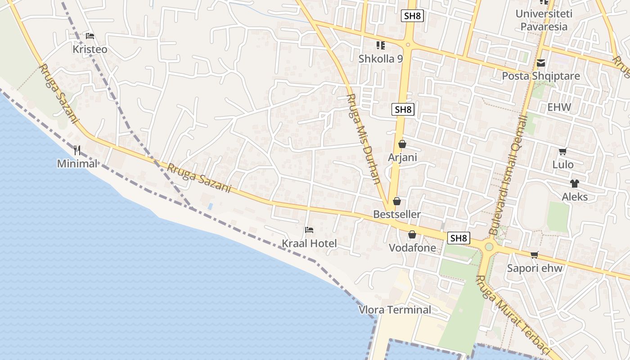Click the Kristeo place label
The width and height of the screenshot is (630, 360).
click(90, 49)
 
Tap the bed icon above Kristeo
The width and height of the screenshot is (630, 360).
click(90, 36)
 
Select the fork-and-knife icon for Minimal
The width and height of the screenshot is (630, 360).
click(77, 150)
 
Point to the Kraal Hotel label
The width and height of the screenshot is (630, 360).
click(309, 243)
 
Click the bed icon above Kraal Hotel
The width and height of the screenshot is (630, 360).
click(309, 230)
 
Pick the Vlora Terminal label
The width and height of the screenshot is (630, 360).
click(395, 310)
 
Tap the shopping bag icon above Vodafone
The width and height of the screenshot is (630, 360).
click(412, 234)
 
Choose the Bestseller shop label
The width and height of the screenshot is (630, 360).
click(397, 214)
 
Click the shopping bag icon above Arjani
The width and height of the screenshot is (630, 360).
click(402, 144)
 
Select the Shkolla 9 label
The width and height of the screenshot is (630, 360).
click(381, 58)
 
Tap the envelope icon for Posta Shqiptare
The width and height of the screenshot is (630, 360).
click(541, 63)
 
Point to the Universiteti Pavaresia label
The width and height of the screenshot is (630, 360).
click(544, 20)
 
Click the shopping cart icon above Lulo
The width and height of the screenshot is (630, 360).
click(562, 152)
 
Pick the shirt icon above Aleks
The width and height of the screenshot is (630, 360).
click(575, 184)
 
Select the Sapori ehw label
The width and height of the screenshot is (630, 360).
click(535, 268)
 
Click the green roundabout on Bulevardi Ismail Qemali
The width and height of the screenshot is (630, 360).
click(489, 247)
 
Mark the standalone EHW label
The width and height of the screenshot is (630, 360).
click(559, 107)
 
